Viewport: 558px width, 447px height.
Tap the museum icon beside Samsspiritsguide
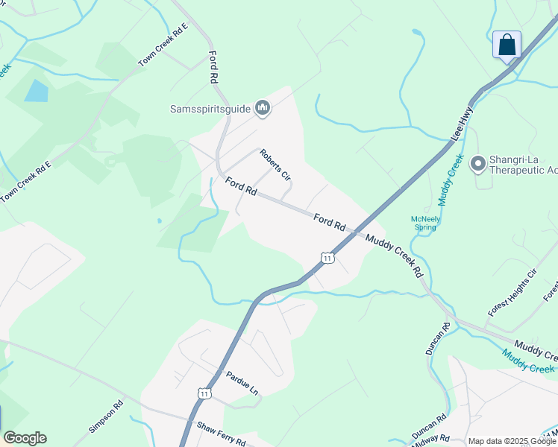click(262, 109)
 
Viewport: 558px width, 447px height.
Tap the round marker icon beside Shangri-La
click(479, 164)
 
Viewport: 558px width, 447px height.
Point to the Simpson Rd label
click(106, 417)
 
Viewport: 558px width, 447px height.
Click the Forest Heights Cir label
click(512, 293)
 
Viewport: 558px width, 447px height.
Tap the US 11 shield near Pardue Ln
click(204, 393)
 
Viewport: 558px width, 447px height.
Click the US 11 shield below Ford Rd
click(327, 257)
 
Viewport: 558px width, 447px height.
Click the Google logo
click(25, 438)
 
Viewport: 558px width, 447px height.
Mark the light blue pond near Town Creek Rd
click(36, 91)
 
